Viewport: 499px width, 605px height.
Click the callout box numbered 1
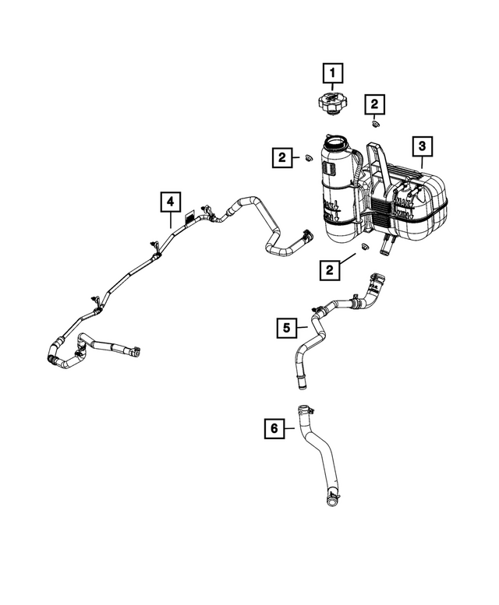(333, 75)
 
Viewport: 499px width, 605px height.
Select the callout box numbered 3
(421, 146)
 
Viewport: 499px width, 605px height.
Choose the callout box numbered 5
(286, 329)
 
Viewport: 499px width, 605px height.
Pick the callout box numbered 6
(274, 427)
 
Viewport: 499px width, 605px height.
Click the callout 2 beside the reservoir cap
(375, 103)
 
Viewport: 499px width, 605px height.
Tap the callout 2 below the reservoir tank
(331, 269)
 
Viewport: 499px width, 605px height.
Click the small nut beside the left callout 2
(307, 160)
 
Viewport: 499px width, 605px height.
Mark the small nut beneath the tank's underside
(363, 249)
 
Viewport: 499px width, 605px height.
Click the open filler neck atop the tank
(338, 143)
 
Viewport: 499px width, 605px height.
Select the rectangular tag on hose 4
(189, 219)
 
